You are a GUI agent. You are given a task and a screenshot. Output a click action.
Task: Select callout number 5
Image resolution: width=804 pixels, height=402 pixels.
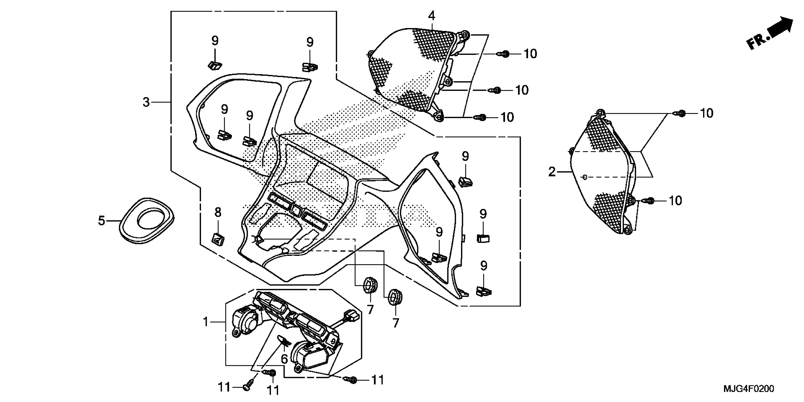coord(101,221)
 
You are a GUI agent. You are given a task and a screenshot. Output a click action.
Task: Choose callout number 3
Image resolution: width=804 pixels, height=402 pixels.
coord(146,102)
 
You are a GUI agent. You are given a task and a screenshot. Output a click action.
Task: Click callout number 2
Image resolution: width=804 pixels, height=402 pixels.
coord(552,172)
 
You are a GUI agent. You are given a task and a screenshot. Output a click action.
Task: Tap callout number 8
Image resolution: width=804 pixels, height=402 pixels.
coord(218,213)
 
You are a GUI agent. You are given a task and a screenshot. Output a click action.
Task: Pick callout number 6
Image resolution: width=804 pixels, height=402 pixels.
coord(284,359)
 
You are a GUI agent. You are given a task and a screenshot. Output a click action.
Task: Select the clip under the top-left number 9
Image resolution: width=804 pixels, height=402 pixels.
coord(215,65)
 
